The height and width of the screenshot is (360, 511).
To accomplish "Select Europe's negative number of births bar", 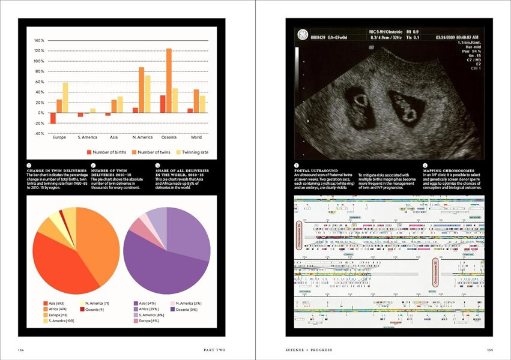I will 53,118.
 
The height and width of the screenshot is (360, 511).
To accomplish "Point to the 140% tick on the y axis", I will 39,40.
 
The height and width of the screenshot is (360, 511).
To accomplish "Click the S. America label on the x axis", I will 86,137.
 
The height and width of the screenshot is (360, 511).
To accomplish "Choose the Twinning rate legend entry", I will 186,152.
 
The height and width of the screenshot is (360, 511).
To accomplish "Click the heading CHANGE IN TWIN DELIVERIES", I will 53,170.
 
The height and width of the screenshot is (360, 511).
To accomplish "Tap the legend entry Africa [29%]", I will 151,309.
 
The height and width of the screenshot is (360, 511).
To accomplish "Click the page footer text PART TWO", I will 214,349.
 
